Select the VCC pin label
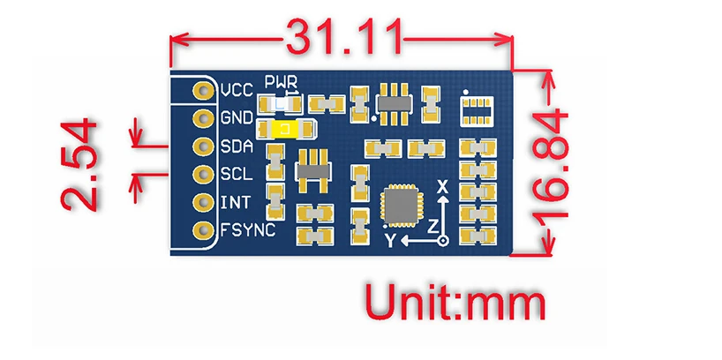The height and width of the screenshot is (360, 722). point(237,90)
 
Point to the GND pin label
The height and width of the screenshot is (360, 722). point(237,117)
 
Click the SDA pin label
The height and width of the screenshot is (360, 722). point(237,146)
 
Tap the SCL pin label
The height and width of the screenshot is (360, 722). point(237,174)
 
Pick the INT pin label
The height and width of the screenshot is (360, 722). point(234,202)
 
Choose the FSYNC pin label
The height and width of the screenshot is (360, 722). point(246,230)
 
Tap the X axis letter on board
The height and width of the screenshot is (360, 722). point(443,187)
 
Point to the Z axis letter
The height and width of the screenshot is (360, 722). point(432,227)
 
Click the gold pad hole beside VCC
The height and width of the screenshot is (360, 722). point(205,90)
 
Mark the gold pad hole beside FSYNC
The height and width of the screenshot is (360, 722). point(205,230)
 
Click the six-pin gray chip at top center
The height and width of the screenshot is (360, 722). point(390,101)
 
